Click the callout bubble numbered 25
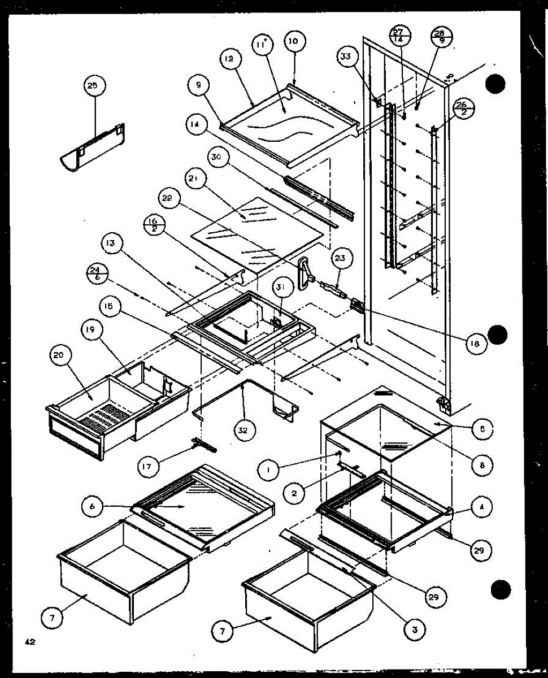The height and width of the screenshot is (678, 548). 92,86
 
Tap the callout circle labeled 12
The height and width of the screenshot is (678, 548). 232,58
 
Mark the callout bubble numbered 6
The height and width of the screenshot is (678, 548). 92,506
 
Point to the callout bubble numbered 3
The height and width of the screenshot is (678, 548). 415,628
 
